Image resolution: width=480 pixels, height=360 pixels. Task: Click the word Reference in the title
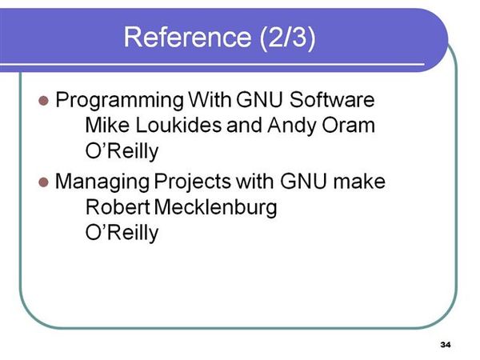point(187,37)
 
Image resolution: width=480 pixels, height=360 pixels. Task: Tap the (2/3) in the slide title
point(287,38)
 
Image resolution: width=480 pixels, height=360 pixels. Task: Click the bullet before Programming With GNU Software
point(44,101)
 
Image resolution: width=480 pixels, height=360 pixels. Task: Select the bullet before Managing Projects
point(44,182)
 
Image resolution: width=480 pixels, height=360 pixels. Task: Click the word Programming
point(119,101)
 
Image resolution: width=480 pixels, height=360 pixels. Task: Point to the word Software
point(332,99)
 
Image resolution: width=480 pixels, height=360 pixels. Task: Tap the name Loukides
point(178,125)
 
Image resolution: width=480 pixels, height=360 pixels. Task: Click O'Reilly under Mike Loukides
point(122,151)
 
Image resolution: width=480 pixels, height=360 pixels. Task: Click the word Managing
point(102,182)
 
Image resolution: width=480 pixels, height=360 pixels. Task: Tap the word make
point(359,181)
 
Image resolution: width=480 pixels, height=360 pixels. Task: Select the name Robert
point(118,207)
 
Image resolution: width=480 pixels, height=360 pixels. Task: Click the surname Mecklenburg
point(216,208)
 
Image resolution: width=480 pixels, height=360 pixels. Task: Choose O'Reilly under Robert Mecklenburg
point(122,233)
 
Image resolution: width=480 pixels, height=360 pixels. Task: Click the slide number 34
point(446,345)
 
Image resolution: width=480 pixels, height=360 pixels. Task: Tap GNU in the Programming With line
point(259,99)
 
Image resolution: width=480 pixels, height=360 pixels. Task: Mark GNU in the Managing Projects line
point(303,181)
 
